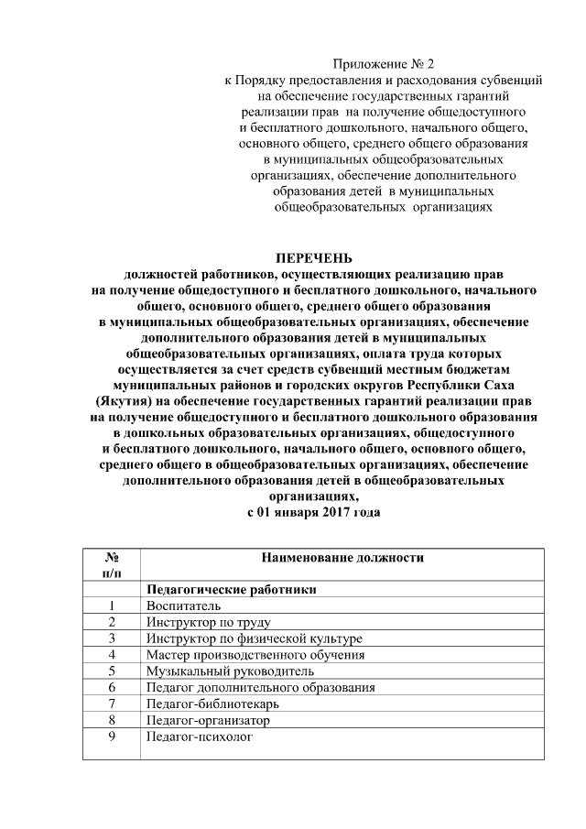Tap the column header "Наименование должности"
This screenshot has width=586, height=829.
click(342, 558)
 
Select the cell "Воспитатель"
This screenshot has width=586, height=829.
click(183, 605)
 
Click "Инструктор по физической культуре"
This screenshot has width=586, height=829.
click(254, 638)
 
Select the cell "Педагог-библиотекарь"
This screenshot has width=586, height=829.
click(212, 704)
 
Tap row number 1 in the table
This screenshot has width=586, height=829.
click(111, 605)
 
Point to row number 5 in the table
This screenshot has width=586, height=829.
click(111, 671)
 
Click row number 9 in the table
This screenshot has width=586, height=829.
click(111, 736)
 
